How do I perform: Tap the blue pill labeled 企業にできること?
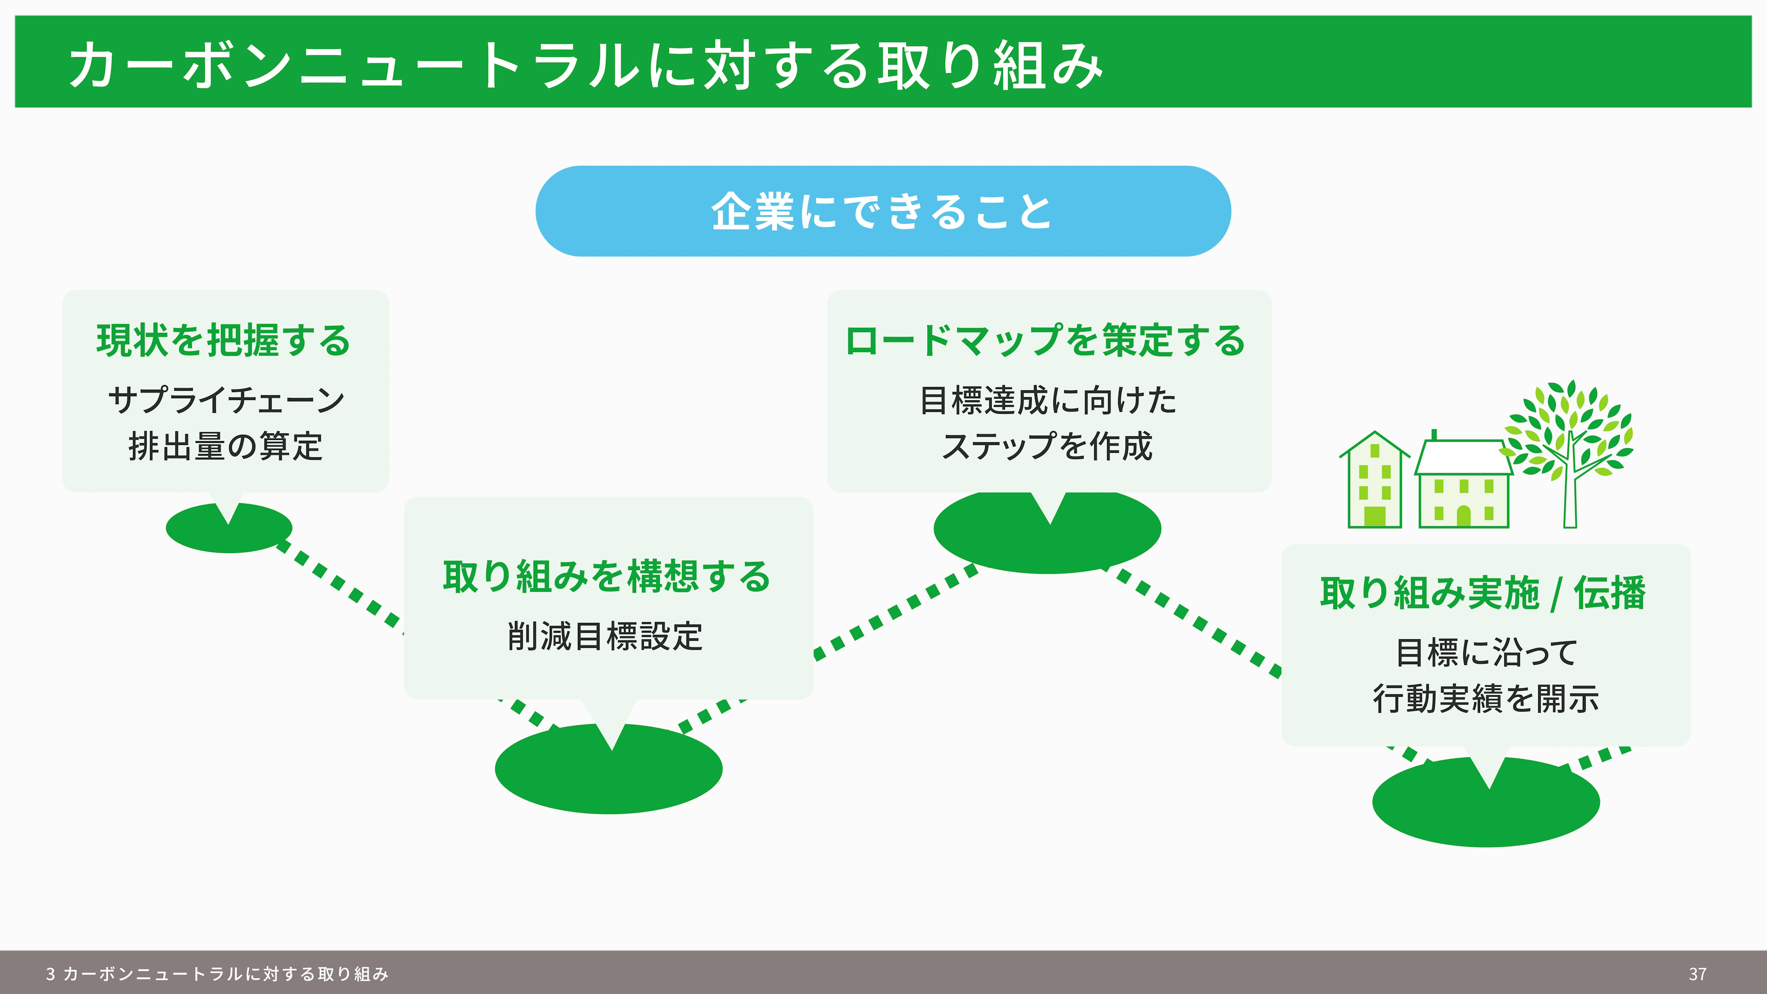coord(883,211)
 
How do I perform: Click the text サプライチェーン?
coord(225,400)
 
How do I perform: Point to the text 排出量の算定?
coord(225,446)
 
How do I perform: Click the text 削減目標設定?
coord(605,636)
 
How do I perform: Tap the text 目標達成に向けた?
coord(1048,400)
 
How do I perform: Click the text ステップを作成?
coord(1047,446)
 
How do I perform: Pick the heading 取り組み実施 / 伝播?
coord(1483,593)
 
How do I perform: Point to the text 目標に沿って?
coord(1486,653)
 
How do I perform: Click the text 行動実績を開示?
coord(1486,699)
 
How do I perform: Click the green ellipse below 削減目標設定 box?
coord(608,769)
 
